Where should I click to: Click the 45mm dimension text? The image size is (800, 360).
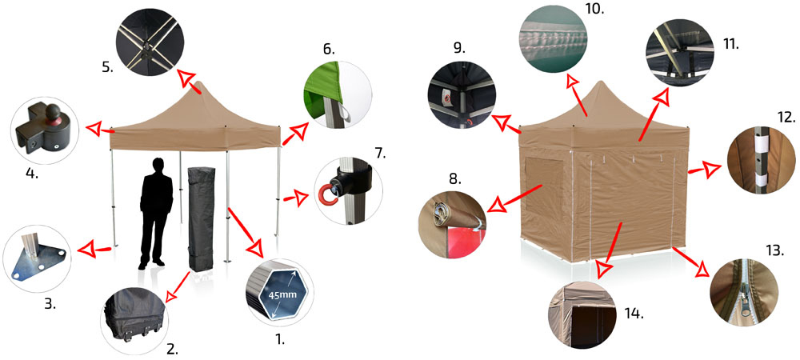(x=278, y=294)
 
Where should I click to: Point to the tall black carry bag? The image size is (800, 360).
(x=201, y=219)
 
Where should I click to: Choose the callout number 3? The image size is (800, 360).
(x=50, y=305)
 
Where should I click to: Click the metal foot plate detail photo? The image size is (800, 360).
(x=37, y=258)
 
